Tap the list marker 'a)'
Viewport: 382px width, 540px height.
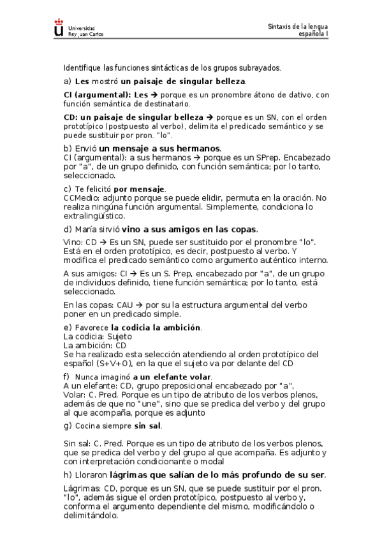67,82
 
